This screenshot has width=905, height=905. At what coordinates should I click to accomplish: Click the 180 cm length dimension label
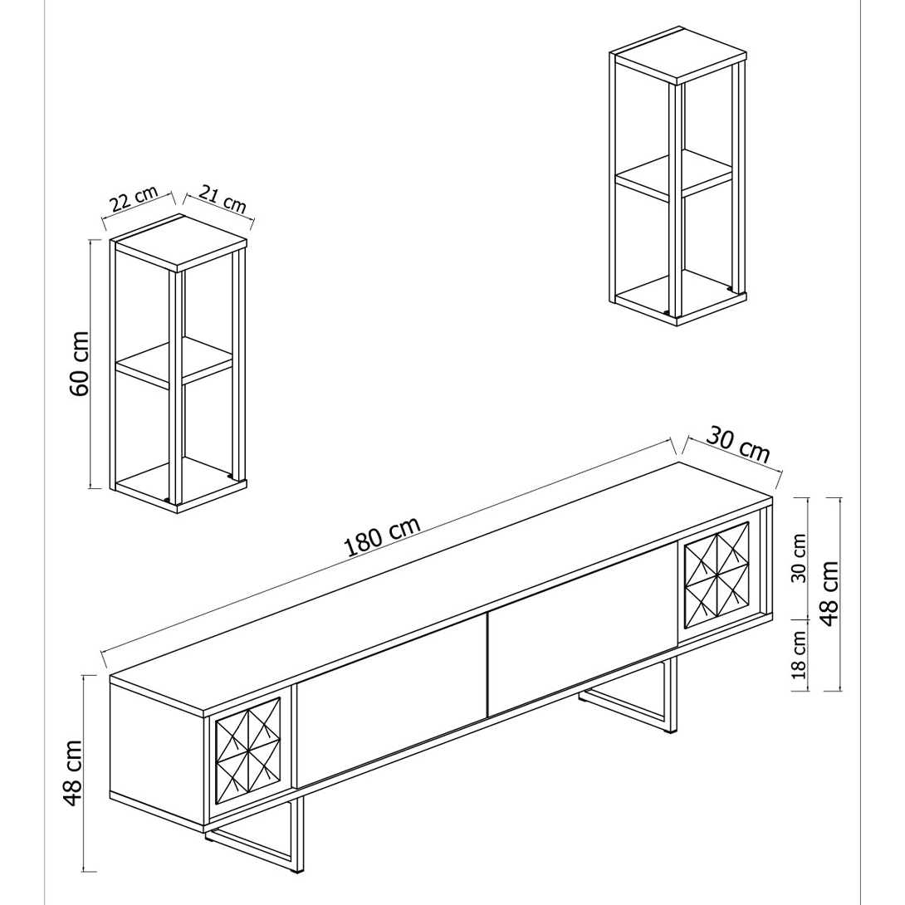point(381,536)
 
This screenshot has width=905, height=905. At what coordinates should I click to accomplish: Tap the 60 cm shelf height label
point(79,364)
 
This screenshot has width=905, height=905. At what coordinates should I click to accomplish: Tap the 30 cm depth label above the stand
point(738,444)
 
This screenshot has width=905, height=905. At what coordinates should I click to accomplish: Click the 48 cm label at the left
point(73,774)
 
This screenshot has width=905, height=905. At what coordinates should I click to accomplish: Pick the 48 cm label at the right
point(829,594)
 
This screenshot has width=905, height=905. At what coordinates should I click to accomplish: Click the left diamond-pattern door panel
point(247,751)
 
